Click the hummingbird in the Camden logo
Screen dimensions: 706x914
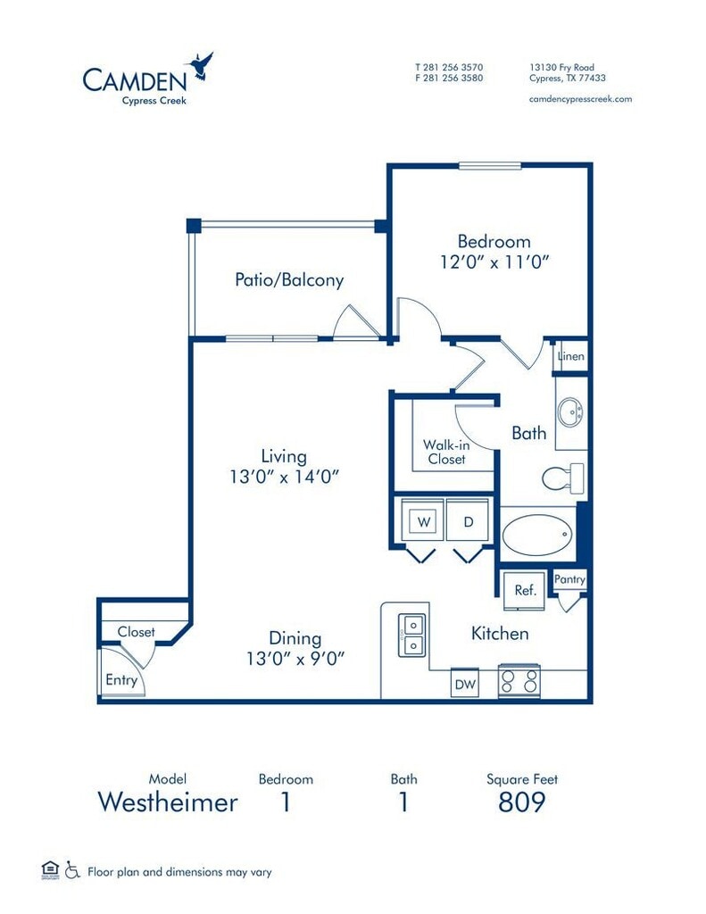pyautogui.click(x=200, y=65)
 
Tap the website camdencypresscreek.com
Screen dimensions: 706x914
pyautogui.click(x=580, y=99)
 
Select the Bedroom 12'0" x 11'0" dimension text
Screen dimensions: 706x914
pyautogui.click(x=494, y=262)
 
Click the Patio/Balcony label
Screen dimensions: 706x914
pyautogui.click(x=289, y=279)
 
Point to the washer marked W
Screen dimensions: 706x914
pyautogui.click(x=424, y=521)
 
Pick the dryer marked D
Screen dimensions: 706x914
pyautogui.click(x=469, y=520)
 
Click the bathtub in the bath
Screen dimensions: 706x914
pyautogui.click(x=536, y=535)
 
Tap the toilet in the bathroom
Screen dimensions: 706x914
pyautogui.click(x=563, y=478)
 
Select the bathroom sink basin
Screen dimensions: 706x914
pyautogui.click(x=569, y=412)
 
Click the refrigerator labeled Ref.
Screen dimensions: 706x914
pyautogui.click(x=524, y=590)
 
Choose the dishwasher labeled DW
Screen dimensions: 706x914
pyautogui.click(x=465, y=683)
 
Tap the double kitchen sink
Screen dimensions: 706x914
pyautogui.click(x=412, y=636)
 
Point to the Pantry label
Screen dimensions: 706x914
pyautogui.click(x=569, y=578)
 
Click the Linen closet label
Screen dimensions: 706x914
pyautogui.click(x=570, y=356)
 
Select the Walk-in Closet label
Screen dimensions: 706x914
pyautogui.click(x=446, y=452)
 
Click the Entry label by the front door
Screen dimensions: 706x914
pyautogui.click(x=121, y=680)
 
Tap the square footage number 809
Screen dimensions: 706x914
pyautogui.click(x=522, y=802)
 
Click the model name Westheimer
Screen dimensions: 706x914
pyautogui.click(x=168, y=802)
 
